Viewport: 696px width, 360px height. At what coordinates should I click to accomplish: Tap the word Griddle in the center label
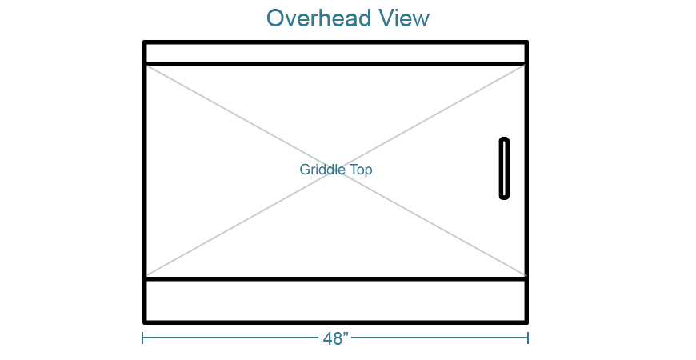pyautogui.click(x=322, y=170)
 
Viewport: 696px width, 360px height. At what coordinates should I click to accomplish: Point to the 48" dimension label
pyautogui.click(x=336, y=338)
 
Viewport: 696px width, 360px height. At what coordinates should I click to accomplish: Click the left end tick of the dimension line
pyautogui.click(x=143, y=338)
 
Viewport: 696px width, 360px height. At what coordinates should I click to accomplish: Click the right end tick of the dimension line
pyautogui.click(x=528, y=338)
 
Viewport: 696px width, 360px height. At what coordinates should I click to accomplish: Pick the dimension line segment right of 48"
pyautogui.click(x=440, y=338)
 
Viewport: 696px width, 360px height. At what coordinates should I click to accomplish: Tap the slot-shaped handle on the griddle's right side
pyautogui.click(x=504, y=168)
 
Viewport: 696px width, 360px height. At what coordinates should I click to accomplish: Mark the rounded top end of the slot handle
pyautogui.click(x=504, y=141)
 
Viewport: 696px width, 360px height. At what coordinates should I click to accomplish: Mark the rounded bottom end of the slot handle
pyautogui.click(x=504, y=195)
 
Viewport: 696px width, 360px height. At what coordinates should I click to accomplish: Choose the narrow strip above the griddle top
pyautogui.click(x=335, y=53)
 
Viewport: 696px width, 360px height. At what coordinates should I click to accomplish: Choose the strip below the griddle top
pyautogui.click(x=335, y=300)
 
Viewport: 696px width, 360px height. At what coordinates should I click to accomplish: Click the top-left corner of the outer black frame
pyautogui.click(x=145, y=42)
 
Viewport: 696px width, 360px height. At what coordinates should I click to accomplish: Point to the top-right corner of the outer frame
pyautogui.click(x=526, y=42)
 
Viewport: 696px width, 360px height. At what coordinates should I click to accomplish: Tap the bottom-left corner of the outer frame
pyautogui.click(x=145, y=321)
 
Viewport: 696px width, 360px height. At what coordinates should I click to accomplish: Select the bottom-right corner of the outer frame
pyautogui.click(x=526, y=321)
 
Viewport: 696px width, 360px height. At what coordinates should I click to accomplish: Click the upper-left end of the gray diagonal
pyautogui.click(x=148, y=66)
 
